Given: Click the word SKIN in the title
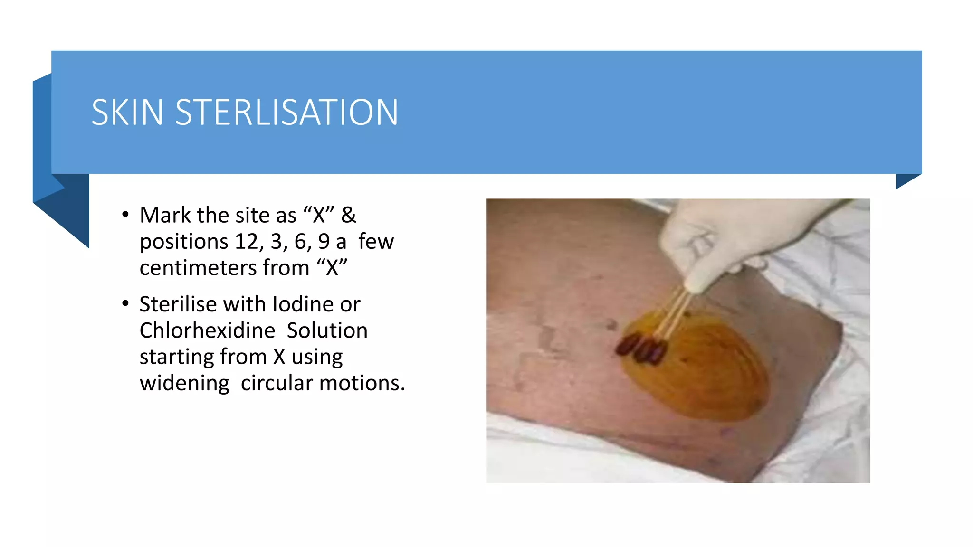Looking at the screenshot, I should click(127, 113).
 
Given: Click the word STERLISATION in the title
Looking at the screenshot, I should click(286, 113).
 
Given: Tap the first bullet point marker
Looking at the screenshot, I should click(125, 215).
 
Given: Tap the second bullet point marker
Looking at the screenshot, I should click(125, 303).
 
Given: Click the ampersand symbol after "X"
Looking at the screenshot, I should click(348, 215).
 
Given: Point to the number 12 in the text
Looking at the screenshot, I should click(246, 242).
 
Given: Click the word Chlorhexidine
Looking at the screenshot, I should click(207, 330).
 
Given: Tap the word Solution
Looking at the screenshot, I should click(327, 330).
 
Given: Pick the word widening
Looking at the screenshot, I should click(184, 383).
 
